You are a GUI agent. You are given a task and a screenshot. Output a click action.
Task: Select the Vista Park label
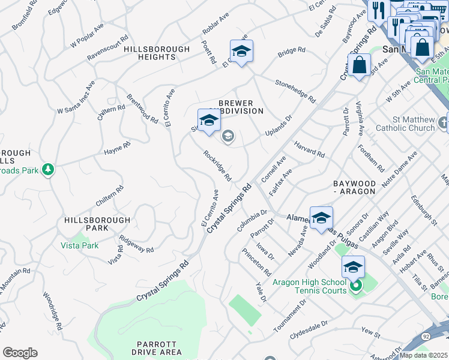(79, 245)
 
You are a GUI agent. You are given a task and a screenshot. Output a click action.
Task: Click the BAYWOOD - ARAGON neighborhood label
(354, 187)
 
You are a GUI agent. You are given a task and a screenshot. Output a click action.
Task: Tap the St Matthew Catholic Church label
(405, 124)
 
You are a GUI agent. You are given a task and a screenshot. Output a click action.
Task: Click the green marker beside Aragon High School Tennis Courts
(356, 286)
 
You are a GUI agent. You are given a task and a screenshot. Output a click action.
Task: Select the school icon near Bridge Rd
(241, 52)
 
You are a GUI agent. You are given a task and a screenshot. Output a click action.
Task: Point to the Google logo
(20, 353)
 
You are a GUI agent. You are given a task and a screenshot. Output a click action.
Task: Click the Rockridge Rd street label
(217, 165)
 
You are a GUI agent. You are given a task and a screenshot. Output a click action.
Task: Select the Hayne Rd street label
(116, 148)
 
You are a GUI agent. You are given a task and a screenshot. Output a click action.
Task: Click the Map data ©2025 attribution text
(423, 355)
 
